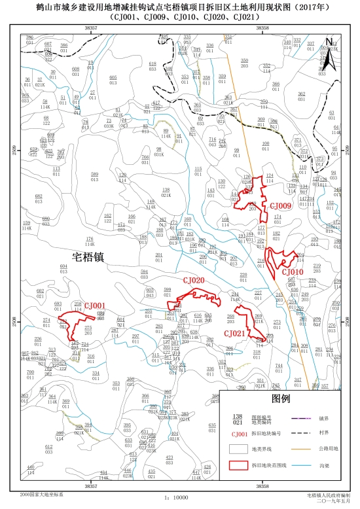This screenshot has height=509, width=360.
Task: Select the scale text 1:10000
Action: click(x=176, y=497)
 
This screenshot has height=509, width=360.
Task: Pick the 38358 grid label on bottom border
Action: click(x=262, y=486)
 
